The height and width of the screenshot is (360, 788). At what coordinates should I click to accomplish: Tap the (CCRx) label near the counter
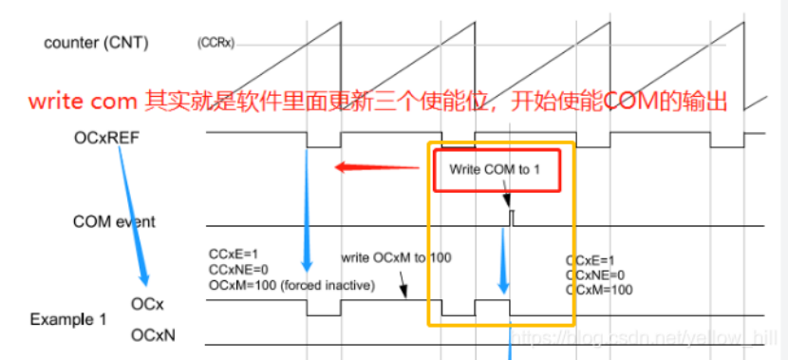(216, 43)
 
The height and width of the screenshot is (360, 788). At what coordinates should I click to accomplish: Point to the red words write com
(83, 99)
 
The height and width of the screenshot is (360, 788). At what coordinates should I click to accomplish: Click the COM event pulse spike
(512, 217)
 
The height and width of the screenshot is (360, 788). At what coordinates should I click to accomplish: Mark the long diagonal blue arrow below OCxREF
(133, 214)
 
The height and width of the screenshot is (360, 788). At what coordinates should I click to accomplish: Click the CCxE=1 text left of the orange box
(234, 255)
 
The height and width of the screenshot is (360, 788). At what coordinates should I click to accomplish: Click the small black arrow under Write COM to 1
(507, 199)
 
